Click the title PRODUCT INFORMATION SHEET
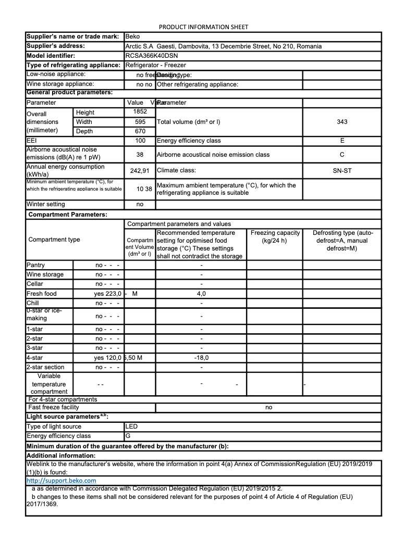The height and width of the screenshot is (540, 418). (203, 27)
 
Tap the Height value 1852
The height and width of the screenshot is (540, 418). (140, 112)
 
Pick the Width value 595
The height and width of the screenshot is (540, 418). (140, 122)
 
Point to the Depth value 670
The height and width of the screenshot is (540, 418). (140, 131)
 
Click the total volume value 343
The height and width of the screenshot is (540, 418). (342, 122)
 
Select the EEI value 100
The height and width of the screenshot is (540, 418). (140, 141)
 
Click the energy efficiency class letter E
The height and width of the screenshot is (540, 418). (342, 141)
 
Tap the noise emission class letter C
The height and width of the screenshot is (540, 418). (342, 155)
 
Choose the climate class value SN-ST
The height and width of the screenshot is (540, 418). (342, 170)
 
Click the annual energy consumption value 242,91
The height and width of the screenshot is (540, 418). (140, 170)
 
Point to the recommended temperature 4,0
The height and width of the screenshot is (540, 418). (201, 294)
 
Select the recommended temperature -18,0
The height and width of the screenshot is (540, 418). (201, 358)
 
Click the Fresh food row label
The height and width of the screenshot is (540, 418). (42, 294)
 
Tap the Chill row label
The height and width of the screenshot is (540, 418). (33, 303)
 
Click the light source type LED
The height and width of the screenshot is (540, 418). (132, 426)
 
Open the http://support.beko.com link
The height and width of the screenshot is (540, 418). (61, 481)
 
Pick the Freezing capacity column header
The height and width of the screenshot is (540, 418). (275, 237)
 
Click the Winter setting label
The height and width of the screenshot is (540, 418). (46, 205)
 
